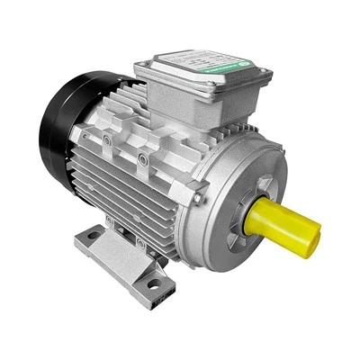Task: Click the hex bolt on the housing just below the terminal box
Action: tap(142, 159)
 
